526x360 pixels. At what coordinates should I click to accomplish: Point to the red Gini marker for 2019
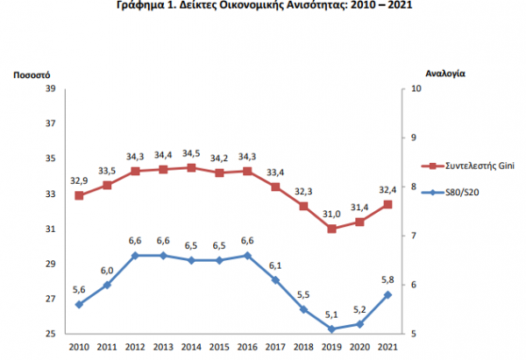click(331, 229)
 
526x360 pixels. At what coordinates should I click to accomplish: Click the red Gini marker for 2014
click(191, 167)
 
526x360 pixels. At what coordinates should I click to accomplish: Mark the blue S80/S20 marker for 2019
click(331, 329)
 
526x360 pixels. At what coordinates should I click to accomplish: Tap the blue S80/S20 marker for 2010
click(79, 304)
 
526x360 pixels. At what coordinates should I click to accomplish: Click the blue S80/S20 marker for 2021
click(387, 294)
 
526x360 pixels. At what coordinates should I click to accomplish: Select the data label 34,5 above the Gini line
click(191, 154)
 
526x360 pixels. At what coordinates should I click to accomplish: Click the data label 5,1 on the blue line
click(331, 316)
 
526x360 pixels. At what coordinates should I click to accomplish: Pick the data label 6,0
click(107, 271)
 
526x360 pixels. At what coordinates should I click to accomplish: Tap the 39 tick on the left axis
click(49, 88)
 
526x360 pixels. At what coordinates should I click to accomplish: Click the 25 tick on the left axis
click(49, 334)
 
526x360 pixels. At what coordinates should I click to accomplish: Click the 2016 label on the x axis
click(247, 348)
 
